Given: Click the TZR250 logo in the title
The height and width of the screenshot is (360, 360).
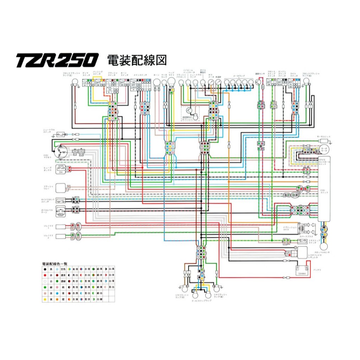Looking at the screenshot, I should click(x=56, y=60).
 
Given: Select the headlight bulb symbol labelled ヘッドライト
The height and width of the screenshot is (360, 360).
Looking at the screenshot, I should click(x=172, y=82).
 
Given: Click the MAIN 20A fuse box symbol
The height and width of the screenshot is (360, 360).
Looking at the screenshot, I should click(x=61, y=169).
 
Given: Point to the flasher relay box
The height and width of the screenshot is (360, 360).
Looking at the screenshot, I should click(x=60, y=188).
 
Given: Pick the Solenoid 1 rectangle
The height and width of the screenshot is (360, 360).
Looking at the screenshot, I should click(x=60, y=226).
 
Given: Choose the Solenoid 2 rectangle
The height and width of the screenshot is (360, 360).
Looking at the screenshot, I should click(x=60, y=236).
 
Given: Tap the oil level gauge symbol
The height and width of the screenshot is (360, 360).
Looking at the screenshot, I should click(x=61, y=210).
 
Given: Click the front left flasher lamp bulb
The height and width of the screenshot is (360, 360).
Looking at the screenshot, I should click(x=74, y=82).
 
